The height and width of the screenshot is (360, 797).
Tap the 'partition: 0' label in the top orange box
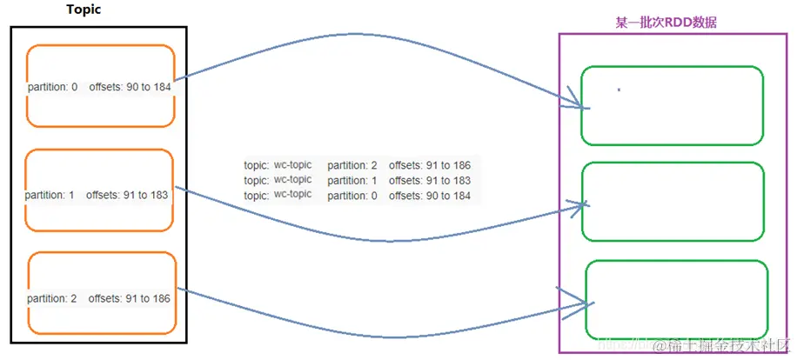(53, 87)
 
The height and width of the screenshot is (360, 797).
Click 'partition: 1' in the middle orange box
(50, 196)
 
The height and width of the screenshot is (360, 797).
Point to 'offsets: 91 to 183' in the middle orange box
(127, 196)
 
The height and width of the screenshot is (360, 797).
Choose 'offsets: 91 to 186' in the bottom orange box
(129, 298)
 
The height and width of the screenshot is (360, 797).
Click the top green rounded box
(672, 105)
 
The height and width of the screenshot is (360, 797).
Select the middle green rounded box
(672, 202)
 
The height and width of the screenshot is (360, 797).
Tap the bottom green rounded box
(677, 299)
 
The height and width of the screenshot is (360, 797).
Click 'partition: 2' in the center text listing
(352, 164)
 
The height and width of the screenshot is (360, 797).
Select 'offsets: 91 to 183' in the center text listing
(430, 180)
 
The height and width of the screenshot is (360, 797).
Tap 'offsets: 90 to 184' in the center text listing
(430, 196)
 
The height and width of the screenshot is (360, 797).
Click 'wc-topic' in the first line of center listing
(292, 164)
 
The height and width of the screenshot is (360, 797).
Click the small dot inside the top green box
(619, 90)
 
